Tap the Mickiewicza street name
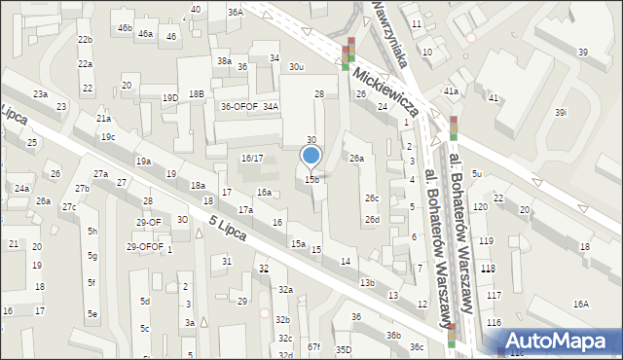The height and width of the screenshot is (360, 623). (x=386, y=92)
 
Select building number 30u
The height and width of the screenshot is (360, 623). (x=297, y=67)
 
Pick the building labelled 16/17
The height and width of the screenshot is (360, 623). (x=252, y=158)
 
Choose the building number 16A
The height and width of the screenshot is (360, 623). (x=580, y=304)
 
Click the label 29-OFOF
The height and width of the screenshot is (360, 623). (x=145, y=246)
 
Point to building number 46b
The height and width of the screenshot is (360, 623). (x=125, y=28)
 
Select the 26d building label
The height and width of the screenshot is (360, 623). (x=372, y=220)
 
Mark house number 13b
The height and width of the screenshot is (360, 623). (x=366, y=282)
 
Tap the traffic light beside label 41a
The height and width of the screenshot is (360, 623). (x=454, y=127)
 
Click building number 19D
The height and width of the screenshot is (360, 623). (x=170, y=97)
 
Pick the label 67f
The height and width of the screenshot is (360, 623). (x=313, y=346)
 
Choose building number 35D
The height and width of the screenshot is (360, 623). (x=343, y=349)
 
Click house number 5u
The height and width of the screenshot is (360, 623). (x=476, y=173)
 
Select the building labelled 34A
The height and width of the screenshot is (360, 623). (x=271, y=107)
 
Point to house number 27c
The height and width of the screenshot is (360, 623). (x=69, y=207)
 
